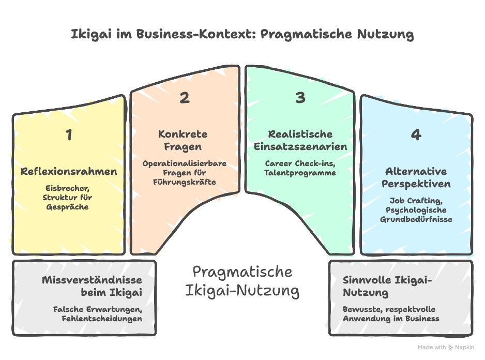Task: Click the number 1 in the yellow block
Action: [x=69, y=136]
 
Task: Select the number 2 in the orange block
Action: [x=185, y=98]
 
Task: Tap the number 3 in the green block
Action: [x=300, y=98]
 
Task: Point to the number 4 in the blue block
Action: [x=416, y=136]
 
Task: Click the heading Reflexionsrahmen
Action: [x=69, y=172]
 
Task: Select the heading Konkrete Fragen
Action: [x=183, y=140]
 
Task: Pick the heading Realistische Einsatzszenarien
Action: [x=300, y=140]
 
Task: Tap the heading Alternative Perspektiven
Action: [x=416, y=177]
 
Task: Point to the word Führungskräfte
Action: [x=185, y=182]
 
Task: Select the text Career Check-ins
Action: [x=300, y=163]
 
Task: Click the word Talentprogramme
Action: [x=300, y=173]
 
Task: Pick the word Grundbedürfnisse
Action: [x=416, y=219]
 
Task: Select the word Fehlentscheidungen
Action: [x=102, y=319]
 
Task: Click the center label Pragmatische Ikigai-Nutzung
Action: [x=242, y=281]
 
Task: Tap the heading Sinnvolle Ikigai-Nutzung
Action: [x=387, y=287]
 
